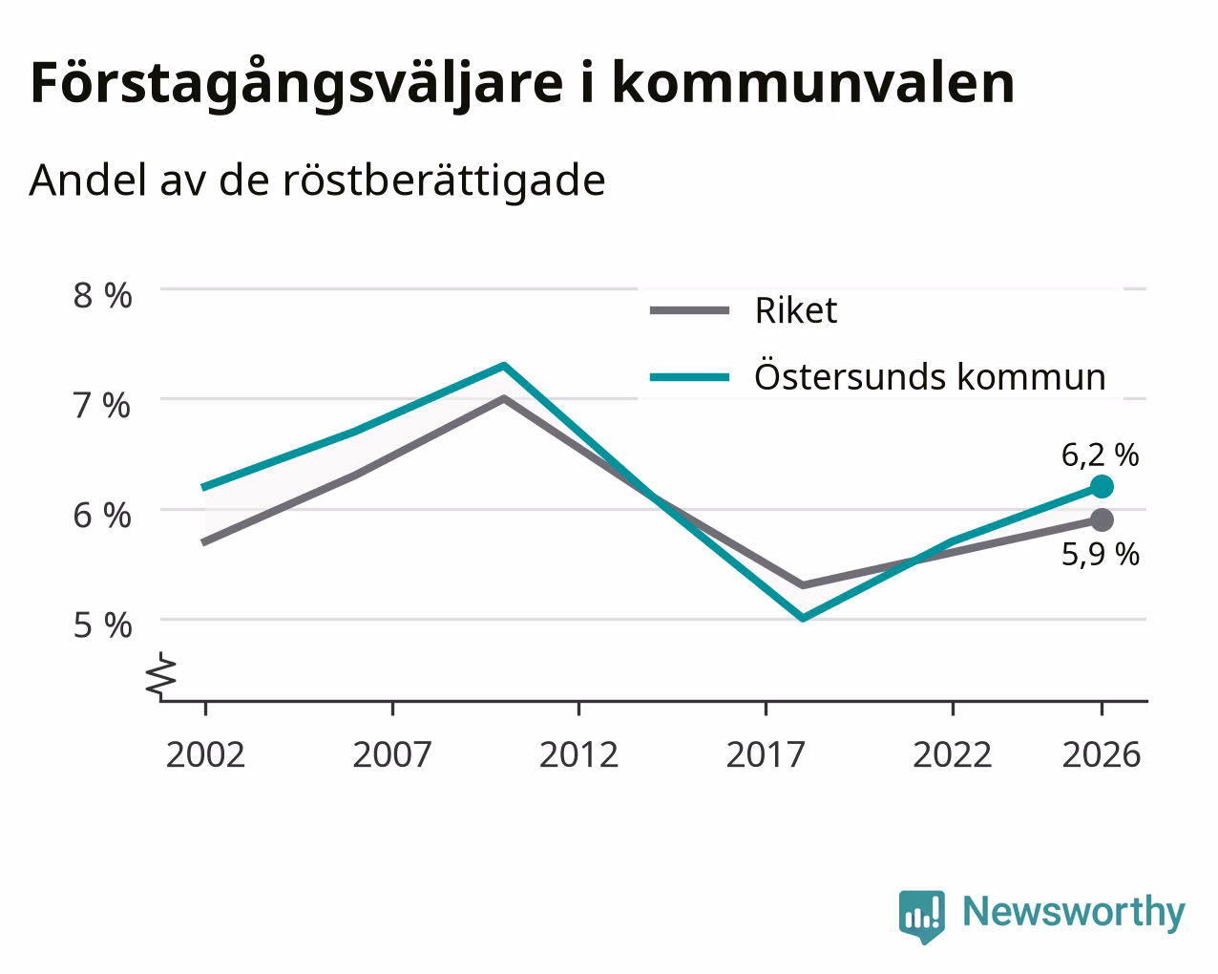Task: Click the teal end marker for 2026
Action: tap(1102, 486)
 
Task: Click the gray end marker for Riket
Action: tap(1102, 519)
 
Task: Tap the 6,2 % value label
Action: tap(1100, 455)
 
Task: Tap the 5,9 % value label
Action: tap(1100, 555)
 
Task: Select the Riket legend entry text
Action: tap(796, 310)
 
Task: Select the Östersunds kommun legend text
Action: tap(930, 376)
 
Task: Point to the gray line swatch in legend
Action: tap(689, 310)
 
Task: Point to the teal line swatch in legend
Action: tap(689, 377)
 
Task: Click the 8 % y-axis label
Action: tap(102, 296)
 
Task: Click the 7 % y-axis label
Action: tap(102, 406)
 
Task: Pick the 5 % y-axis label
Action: tap(102, 625)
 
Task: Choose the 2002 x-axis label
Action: tap(205, 754)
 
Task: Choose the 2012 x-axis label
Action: tap(578, 754)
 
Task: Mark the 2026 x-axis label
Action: tap(1102, 754)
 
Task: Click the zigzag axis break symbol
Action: tap(161, 676)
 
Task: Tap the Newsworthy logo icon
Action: tap(921, 916)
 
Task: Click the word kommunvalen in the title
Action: tap(813, 84)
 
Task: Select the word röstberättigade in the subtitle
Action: tap(444, 181)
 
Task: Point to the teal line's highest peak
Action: tap(504, 365)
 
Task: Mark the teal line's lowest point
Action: tap(803, 618)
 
